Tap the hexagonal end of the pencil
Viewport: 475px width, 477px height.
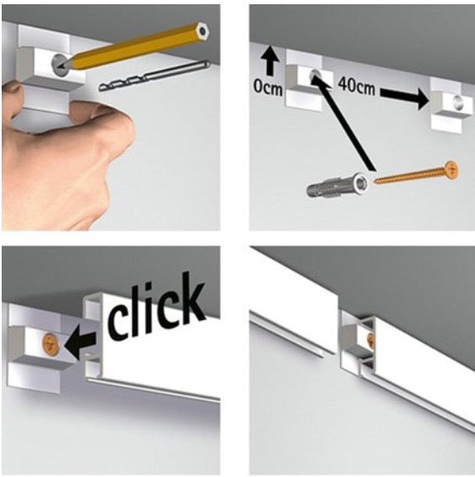(202, 30)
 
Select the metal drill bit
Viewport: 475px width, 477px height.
(154, 76)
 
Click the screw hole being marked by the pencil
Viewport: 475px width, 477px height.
(58, 65)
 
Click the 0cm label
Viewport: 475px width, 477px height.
(268, 87)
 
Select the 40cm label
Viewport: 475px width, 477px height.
(356, 85)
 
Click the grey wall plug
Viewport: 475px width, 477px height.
(337, 185)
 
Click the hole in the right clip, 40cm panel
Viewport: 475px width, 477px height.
(458, 102)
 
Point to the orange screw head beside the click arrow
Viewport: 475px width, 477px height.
(51, 343)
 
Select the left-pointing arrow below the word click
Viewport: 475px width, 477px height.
(80, 345)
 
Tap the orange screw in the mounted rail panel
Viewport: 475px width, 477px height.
(371, 339)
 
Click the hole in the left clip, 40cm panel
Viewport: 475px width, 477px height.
(314, 75)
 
